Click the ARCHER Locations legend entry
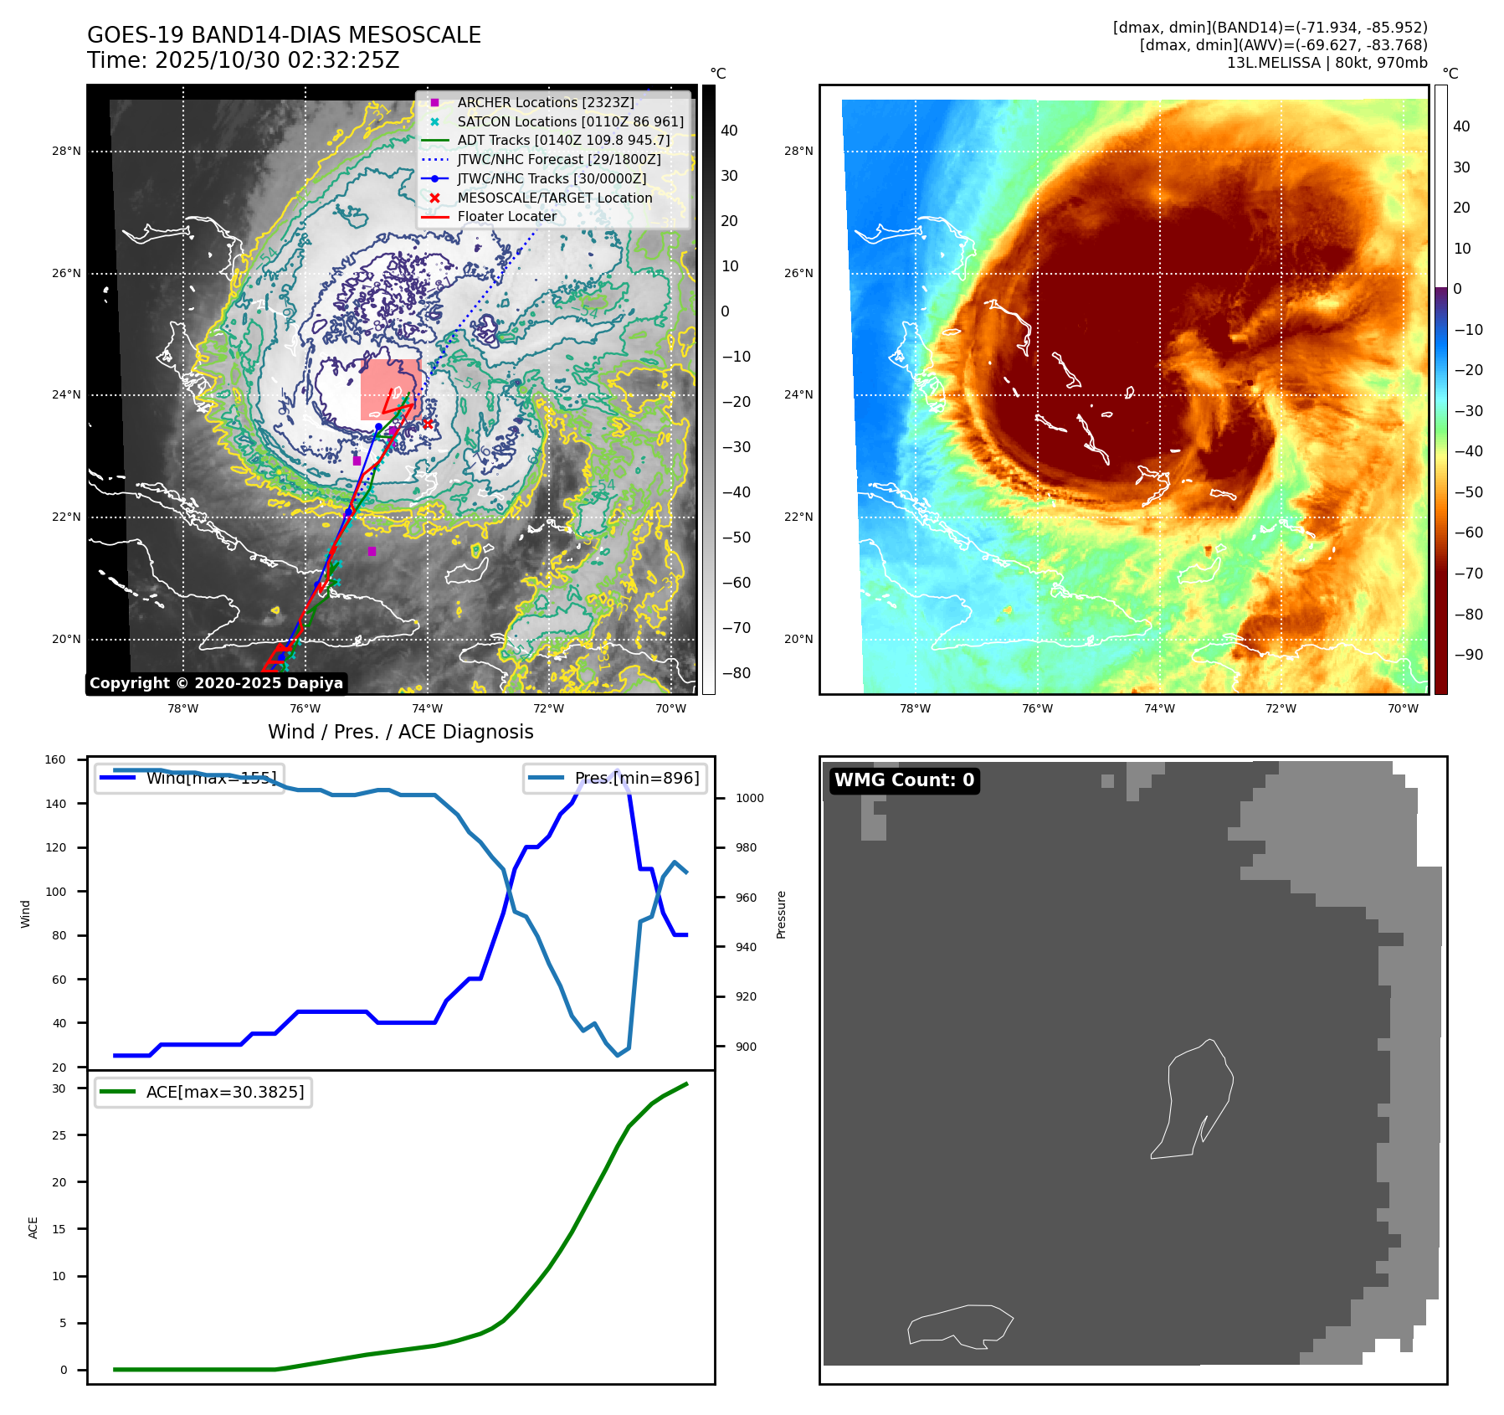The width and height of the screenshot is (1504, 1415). [x=545, y=102]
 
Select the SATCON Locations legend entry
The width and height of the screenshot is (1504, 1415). [x=570, y=121]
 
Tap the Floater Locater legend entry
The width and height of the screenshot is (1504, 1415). [x=506, y=216]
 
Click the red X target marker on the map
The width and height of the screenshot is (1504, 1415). [x=428, y=424]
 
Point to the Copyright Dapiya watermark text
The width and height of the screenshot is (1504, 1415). [x=216, y=683]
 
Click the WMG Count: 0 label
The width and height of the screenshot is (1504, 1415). [x=904, y=780]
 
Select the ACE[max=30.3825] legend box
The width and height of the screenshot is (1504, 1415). [x=203, y=1092]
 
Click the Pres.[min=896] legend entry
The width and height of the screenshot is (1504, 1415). [x=615, y=778]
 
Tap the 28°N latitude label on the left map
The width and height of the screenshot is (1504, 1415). [x=66, y=152]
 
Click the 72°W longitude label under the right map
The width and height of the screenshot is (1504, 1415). [x=1281, y=708]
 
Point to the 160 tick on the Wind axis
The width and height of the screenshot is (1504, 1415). [x=55, y=760]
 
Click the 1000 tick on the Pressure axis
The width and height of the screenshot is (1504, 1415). [x=749, y=799]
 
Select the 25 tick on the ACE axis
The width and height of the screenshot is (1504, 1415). [x=59, y=1135]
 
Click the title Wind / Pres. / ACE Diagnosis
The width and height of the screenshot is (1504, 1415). [x=400, y=732]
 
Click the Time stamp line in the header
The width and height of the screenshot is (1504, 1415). [x=244, y=60]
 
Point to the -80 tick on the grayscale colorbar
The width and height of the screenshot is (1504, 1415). [x=736, y=673]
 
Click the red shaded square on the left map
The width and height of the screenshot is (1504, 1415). [x=391, y=389]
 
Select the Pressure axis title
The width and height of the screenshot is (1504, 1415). [x=781, y=914]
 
